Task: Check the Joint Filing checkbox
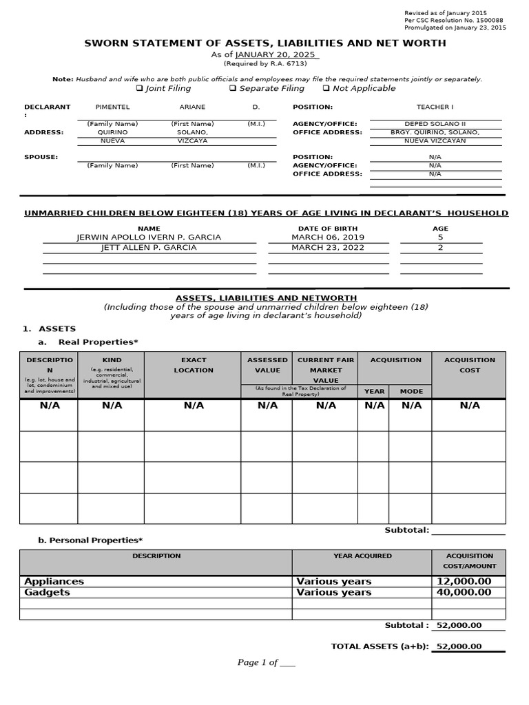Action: [139, 88]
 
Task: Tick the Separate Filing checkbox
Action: [233, 88]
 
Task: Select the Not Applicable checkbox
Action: [326, 88]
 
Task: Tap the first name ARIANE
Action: [192, 107]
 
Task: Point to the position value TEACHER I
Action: [435, 107]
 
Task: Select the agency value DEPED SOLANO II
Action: [435, 124]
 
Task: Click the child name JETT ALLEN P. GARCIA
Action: [149, 248]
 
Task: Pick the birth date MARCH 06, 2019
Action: [327, 237]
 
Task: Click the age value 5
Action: [440, 237]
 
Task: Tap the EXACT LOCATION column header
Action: [194, 365]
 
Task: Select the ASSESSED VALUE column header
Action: [267, 365]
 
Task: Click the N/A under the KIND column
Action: [112, 406]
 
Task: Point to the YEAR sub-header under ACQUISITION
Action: [374, 391]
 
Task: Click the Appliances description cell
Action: [54, 581]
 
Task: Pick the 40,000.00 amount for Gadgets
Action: [464, 592]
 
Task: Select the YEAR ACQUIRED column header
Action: [362, 556]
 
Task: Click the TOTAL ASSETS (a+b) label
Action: [380, 646]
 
